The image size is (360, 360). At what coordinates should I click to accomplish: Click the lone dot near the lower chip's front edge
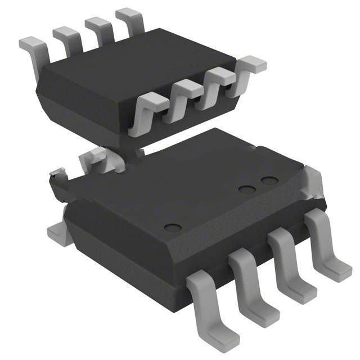[173, 228]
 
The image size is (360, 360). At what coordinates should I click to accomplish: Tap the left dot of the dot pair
[246, 190]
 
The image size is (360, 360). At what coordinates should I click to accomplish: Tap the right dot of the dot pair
[269, 181]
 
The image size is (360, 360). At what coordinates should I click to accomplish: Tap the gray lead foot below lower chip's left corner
[58, 233]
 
